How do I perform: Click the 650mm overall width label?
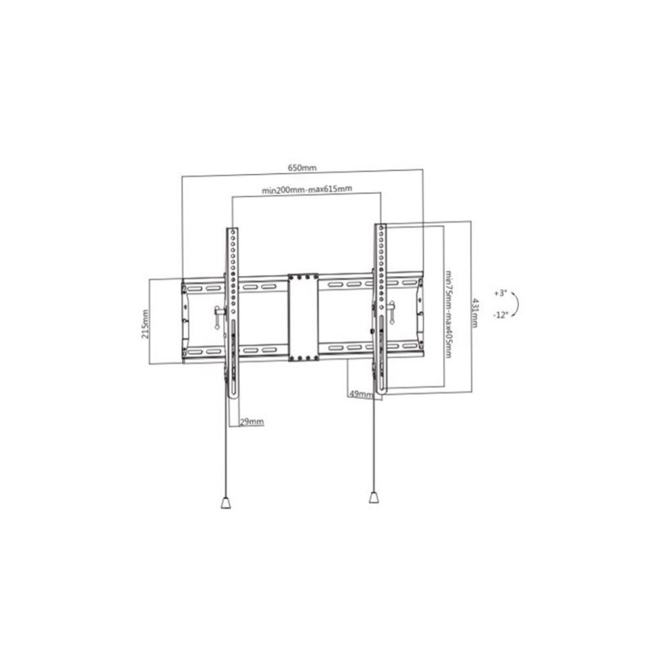[302, 168]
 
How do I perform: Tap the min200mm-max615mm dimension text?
[306, 190]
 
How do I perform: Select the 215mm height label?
[145, 324]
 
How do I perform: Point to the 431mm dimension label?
[475, 312]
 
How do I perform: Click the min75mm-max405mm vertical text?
[448, 314]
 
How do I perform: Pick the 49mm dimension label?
[361, 394]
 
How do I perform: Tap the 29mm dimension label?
[252, 421]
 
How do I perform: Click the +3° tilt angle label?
[500, 293]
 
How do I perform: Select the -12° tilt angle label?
[500, 315]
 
